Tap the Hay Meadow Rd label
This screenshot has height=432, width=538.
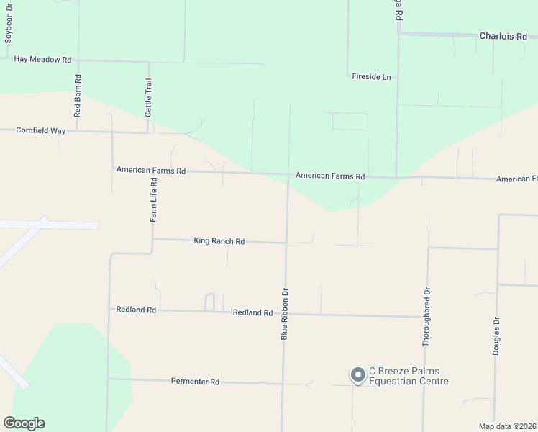[43, 60]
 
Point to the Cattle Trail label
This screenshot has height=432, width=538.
[148, 97]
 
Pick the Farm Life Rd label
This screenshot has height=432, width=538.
[153, 201]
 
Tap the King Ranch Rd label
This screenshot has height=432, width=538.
[219, 241]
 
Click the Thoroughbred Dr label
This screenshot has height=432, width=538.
[427, 318]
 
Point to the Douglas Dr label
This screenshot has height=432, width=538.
[496, 336]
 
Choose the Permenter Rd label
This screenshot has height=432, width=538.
[195, 382]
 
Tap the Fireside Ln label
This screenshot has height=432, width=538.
[371, 76]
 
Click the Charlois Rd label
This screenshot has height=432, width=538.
[503, 35]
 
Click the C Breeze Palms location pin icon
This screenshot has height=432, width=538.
[357, 374]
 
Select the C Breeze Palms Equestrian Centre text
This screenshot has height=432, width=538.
[409, 376]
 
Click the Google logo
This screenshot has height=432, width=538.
[24, 423]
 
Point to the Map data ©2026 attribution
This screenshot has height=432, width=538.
[508, 426]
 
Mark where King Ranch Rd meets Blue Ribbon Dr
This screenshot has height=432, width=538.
[286, 243]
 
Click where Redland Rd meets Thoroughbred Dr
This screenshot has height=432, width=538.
[426, 316]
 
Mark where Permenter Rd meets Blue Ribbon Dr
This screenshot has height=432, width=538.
[283, 383]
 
